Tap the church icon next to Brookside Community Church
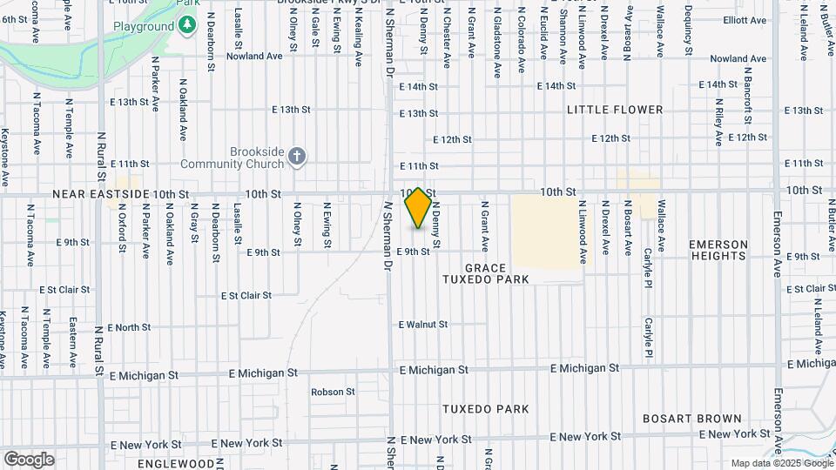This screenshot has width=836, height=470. coord(297,157)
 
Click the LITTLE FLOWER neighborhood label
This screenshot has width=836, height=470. coord(615,110)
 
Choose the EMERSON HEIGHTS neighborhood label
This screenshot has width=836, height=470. coord(718,250)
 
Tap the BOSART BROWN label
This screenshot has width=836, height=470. coord(692,419)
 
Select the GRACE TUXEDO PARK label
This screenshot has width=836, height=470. coord(486,273)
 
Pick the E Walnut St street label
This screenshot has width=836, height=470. coord(423,325)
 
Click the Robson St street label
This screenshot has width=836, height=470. coord(334,392)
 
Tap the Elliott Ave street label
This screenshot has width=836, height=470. coord(745,19)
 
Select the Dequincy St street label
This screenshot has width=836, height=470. coord(688,33)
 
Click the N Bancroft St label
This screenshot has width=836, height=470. coord(748,96)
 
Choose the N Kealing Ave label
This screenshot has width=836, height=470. coord(358,39)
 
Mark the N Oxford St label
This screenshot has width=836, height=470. coord(123,229)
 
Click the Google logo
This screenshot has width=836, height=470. coord(29,460)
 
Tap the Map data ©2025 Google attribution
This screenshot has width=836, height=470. coord(780,463)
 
